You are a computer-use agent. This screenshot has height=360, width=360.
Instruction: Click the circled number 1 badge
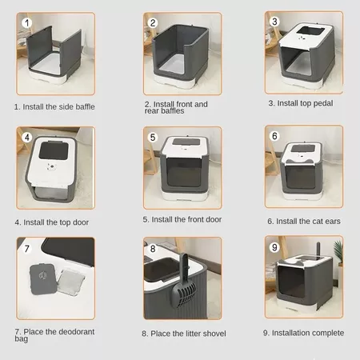tap(26, 22)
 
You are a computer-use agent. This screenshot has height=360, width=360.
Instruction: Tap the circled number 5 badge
tap(153, 138)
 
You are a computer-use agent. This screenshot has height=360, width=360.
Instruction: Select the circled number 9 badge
tap(274, 247)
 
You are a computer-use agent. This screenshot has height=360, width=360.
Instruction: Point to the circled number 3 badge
tap(274, 22)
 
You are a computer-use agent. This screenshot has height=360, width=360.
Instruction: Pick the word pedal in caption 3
tap(323, 103)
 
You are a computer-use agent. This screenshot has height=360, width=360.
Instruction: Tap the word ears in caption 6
tap(333, 222)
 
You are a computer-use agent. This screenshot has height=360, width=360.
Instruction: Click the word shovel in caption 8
tap(214, 334)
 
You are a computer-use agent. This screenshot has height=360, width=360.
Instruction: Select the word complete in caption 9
tap(328, 333)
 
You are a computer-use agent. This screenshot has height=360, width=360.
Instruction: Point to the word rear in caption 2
tap(151, 111)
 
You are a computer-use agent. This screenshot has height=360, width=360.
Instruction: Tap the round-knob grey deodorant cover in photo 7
tap(43, 279)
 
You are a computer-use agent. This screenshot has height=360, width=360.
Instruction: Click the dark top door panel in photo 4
tap(54, 151)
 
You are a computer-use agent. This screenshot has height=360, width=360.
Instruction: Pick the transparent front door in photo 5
tap(184, 172)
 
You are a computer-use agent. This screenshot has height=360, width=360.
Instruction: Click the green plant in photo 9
tap(338, 250)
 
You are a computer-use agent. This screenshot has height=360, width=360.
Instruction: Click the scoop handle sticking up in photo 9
tap(318, 248)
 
